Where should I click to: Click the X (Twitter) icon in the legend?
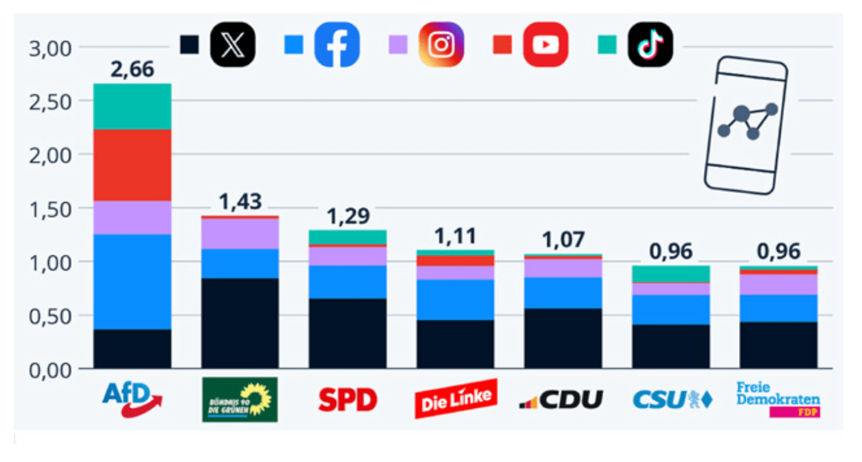(x=232, y=45)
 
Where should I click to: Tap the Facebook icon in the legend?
(x=337, y=45)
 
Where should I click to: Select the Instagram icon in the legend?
(x=441, y=45)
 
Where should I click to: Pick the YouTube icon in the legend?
(x=546, y=45)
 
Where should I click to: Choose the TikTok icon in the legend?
(x=650, y=45)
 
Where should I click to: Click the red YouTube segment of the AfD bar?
(x=132, y=165)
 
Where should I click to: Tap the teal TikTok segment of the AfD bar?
(x=132, y=106)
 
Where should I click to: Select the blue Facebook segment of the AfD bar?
(x=132, y=282)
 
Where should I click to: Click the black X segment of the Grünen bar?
(x=240, y=323)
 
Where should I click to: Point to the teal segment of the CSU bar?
(x=671, y=274)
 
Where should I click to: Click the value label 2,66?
(x=132, y=70)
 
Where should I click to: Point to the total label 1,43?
(x=240, y=203)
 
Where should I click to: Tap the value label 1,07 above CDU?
(x=563, y=240)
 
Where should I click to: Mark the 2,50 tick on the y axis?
(x=50, y=101)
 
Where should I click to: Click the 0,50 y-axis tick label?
(x=50, y=315)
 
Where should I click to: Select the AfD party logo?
(x=132, y=398)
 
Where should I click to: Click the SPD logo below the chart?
(x=347, y=399)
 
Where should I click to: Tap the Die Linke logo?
(x=456, y=399)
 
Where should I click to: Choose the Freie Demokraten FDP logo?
(x=778, y=399)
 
